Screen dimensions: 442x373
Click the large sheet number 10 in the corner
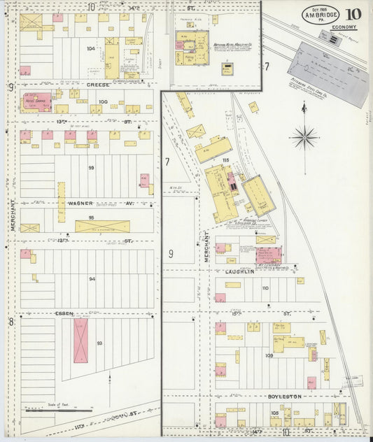[x=353, y=15]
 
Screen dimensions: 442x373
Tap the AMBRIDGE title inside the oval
[x=321, y=16]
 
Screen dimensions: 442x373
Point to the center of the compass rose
[x=304, y=136]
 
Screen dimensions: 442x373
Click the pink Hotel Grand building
[x=37, y=101]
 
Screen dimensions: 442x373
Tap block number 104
[x=91, y=49]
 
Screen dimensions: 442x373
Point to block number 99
[x=91, y=168]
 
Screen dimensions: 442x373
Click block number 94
[x=92, y=278]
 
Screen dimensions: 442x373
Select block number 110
[x=265, y=287]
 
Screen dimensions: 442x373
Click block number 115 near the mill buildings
[x=225, y=161]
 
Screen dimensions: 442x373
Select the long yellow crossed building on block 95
[x=102, y=226]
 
